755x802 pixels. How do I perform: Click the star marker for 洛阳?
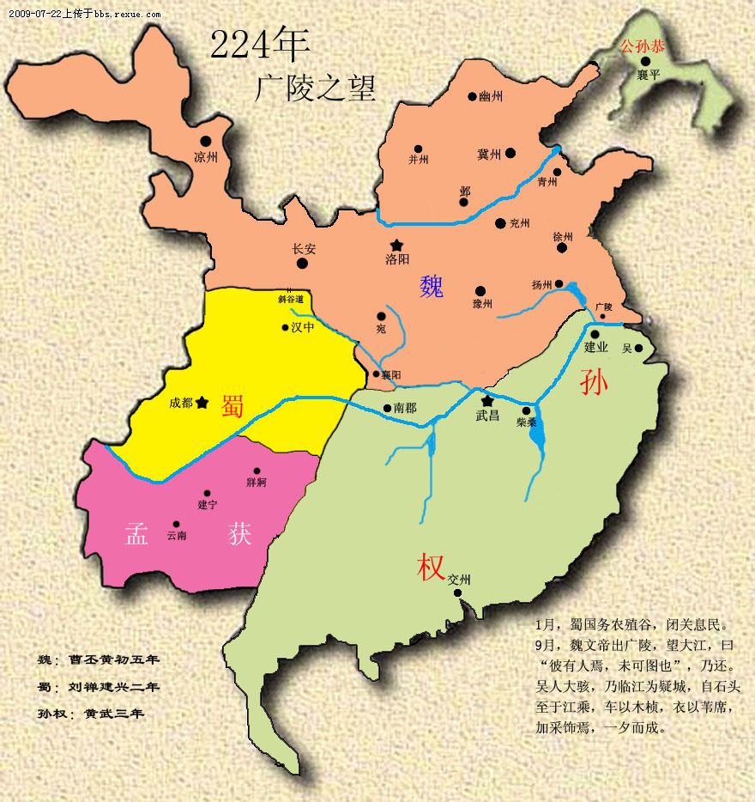(x=396, y=245)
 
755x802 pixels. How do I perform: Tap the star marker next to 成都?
(x=202, y=402)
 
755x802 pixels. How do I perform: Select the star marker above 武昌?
(x=487, y=400)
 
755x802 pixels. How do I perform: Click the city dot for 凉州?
(x=206, y=141)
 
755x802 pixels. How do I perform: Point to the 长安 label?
(x=304, y=249)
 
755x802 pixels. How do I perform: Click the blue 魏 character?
(x=432, y=286)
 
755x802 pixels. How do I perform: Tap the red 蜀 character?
(x=233, y=406)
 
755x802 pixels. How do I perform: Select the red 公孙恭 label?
(x=643, y=46)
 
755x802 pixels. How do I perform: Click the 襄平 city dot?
(x=645, y=61)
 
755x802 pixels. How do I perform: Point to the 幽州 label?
(x=490, y=97)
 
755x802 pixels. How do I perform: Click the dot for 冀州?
(x=510, y=153)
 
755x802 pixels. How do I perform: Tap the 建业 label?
(x=595, y=348)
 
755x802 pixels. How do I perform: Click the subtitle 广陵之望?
(x=315, y=88)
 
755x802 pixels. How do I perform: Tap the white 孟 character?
(x=137, y=534)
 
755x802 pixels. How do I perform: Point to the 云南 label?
(x=177, y=535)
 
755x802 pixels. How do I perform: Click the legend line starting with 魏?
(x=100, y=659)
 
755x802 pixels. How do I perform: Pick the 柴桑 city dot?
(x=526, y=410)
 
